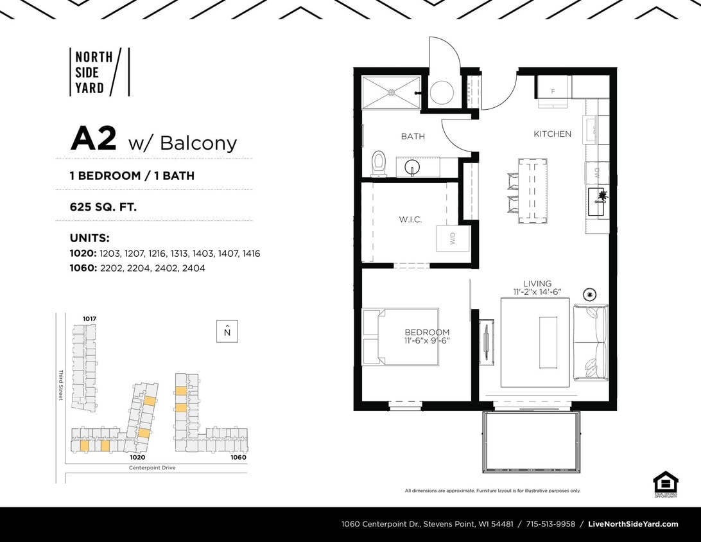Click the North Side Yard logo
pyautogui.click(x=99, y=72)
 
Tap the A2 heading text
pyautogui.click(x=94, y=139)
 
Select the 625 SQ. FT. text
pyautogui.click(x=103, y=207)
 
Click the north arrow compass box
pyautogui.click(x=227, y=331)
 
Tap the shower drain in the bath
pyautogui.click(x=390, y=93)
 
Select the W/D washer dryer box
pyautogui.click(x=453, y=239)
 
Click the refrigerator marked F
pyautogui.click(x=553, y=88)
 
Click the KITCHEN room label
pyautogui.click(x=552, y=134)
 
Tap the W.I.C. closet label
pyautogui.click(x=410, y=220)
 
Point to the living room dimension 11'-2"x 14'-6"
pyautogui.click(x=537, y=292)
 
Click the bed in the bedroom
pyautogui.click(x=401, y=337)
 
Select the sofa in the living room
pyautogui.click(x=591, y=343)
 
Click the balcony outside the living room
pyautogui.click(x=531, y=442)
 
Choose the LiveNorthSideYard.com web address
pyautogui.click(x=633, y=524)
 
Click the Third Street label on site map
pyautogui.click(x=61, y=385)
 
